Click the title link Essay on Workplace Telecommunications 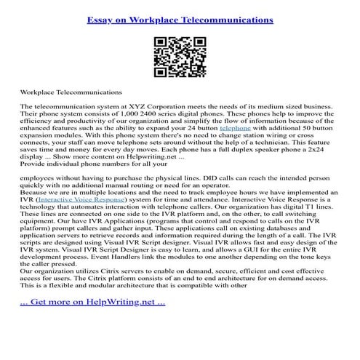pos(180,20)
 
